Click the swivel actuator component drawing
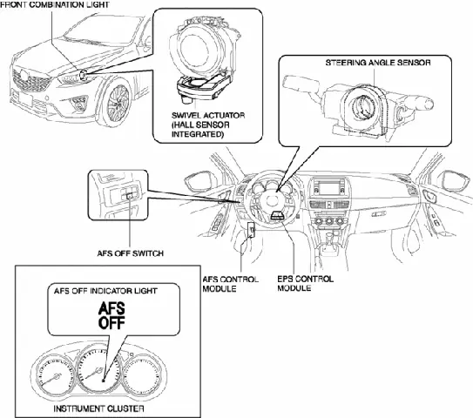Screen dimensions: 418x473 199,52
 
